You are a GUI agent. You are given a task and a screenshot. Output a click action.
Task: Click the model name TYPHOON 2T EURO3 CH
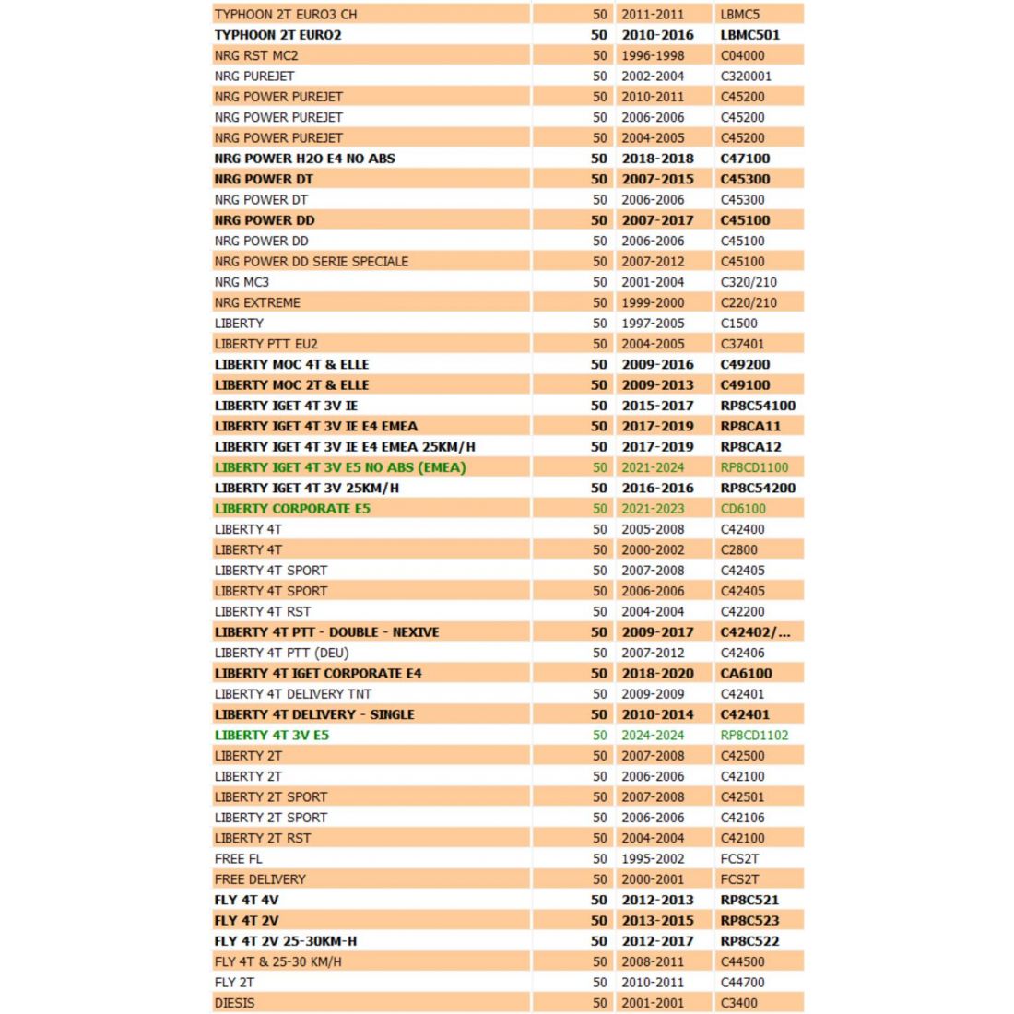[286, 15]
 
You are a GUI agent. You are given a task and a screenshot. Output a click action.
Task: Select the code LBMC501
[749, 35]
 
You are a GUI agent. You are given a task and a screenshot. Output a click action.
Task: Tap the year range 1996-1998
[653, 55]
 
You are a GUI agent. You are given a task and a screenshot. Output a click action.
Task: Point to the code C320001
[746, 77]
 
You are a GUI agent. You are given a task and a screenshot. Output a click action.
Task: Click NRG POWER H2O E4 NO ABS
[305, 159]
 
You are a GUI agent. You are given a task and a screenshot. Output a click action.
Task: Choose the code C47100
[745, 159]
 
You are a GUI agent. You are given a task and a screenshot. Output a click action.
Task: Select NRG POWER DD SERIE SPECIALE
[312, 262]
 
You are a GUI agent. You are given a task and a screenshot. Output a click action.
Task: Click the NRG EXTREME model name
[257, 302]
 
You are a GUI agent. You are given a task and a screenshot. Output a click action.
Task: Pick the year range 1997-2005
[653, 324]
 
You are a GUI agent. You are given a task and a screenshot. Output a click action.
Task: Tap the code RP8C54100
[758, 406]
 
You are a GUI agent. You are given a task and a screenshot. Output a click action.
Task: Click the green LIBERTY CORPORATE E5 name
[292, 509]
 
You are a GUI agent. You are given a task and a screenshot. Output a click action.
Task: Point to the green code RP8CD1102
[754, 736]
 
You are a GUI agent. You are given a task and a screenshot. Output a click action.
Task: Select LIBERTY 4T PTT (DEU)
[282, 654]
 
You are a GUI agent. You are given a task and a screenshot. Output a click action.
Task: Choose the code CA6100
[746, 674]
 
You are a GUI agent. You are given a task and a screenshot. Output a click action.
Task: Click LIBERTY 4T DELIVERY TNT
[293, 694]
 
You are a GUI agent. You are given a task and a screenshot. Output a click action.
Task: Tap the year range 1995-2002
[653, 859]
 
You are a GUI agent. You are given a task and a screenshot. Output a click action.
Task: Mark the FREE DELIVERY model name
[260, 879]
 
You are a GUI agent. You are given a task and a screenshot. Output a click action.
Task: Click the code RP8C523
[749, 921]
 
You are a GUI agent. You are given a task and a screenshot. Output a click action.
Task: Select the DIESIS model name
[235, 1003]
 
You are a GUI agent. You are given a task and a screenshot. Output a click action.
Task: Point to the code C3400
[739, 1003]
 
